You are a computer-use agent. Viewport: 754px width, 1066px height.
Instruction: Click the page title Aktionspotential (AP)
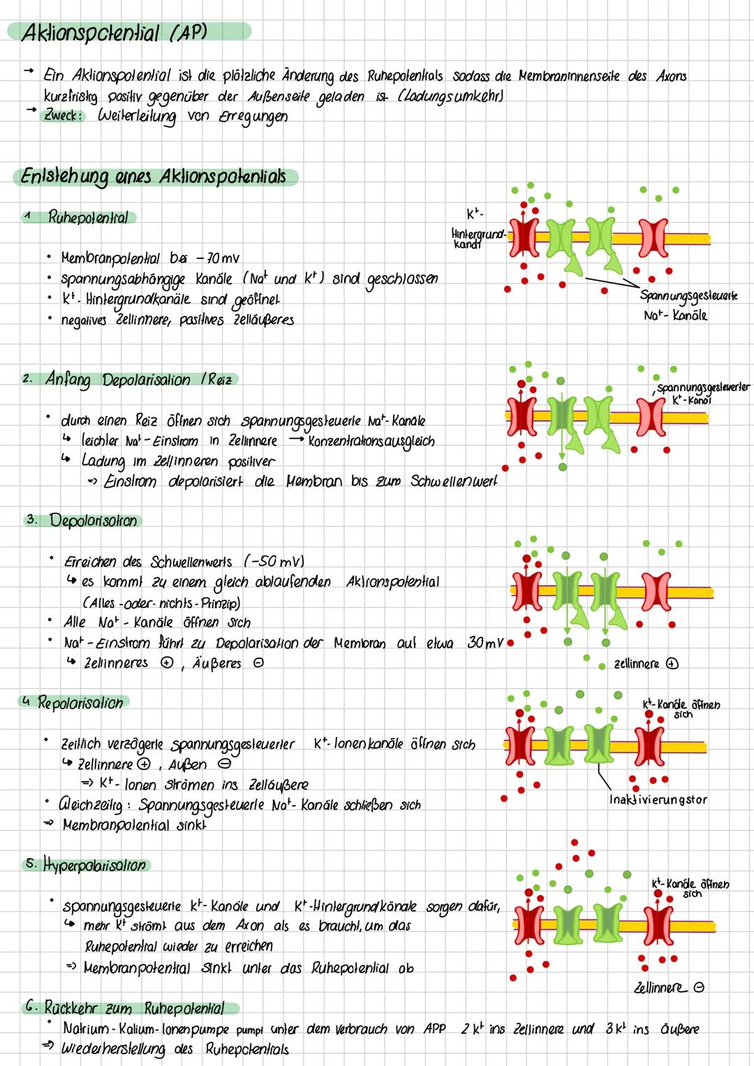point(115,33)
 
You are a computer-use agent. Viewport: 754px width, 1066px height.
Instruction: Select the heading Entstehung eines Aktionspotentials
point(154,176)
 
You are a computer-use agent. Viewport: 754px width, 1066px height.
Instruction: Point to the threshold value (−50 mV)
point(274,562)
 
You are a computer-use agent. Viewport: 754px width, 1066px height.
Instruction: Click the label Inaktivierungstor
point(658,800)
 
